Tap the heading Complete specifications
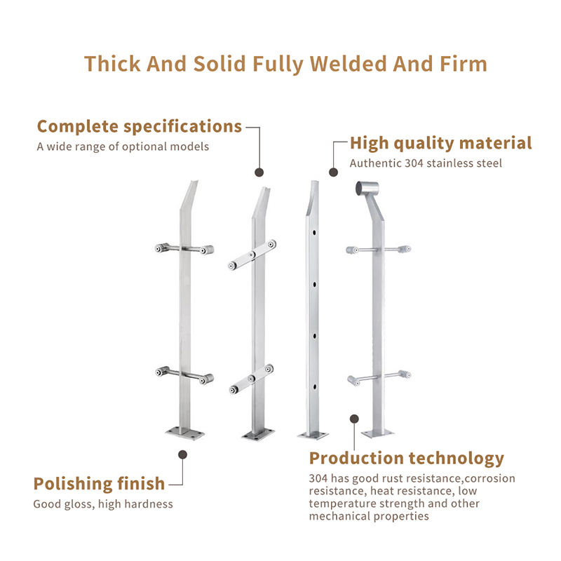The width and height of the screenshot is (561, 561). pyautogui.click(x=140, y=127)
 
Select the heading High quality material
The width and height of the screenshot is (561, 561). pyautogui.click(x=441, y=144)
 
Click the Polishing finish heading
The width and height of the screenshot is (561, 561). pyautogui.click(x=99, y=484)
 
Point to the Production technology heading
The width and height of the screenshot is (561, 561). pyautogui.click(x=407, y=459)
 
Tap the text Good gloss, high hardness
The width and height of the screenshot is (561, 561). pyautogui.click(x=103, y=503)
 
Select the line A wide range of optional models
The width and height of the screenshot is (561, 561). pyautogui.click(x=123, y=147)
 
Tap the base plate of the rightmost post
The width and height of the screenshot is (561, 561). pyautogui.click(x=378, y=432)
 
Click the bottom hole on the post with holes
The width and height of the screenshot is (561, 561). pyautogui.click(x=315, y=386)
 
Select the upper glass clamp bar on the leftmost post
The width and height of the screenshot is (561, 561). pyautogui.click(x=184, y=248)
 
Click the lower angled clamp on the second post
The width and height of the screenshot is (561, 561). pyautogui.click(x=251, y=378)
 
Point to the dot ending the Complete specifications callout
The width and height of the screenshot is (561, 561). pyautogui.click(x=259, y=172)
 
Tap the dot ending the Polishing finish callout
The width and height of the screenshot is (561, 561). pyautogui.click(x=183, y=454)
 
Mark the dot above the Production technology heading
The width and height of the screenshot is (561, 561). pyautogui.click(x=355, y=419)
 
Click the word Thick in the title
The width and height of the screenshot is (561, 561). pyautogui.click(x=111, y=64)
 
